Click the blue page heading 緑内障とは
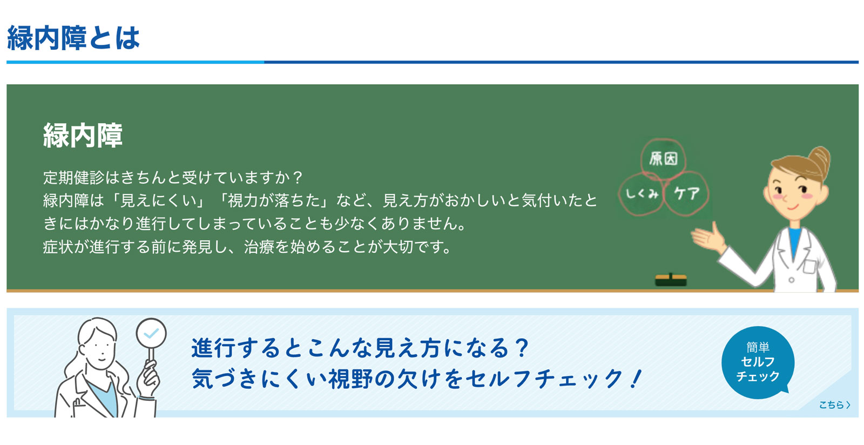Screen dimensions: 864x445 [73, 38]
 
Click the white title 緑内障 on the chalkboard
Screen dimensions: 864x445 [83, 136]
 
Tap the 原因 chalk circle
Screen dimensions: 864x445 [663, 158]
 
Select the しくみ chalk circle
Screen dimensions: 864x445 [641, 193]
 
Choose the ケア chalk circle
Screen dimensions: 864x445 [686, 193]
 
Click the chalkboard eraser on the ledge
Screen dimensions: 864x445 [671, 280]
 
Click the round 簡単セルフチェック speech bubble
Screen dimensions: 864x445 [758, 362]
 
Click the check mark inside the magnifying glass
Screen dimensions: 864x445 [151, 333]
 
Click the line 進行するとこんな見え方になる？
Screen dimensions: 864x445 [360, 348]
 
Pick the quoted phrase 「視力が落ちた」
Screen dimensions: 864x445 [274, 200]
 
